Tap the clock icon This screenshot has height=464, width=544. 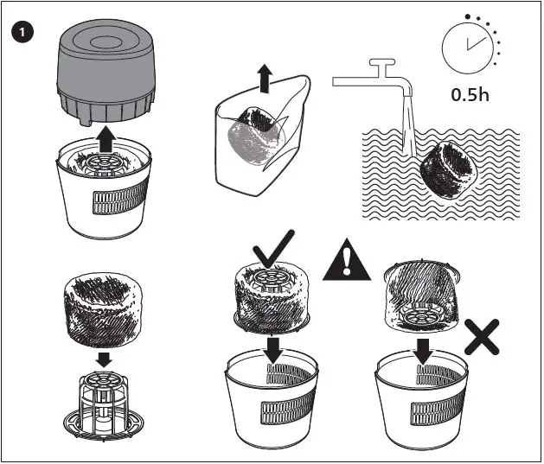(468, 48)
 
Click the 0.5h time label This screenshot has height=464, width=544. (470, 94)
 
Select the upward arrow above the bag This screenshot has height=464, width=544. (265, 81)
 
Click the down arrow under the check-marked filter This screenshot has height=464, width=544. (274, 349)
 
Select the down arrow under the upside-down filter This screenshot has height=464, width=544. (424, 351)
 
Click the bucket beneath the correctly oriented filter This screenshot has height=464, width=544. (273, 406)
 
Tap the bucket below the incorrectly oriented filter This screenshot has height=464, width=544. (423, 406)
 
